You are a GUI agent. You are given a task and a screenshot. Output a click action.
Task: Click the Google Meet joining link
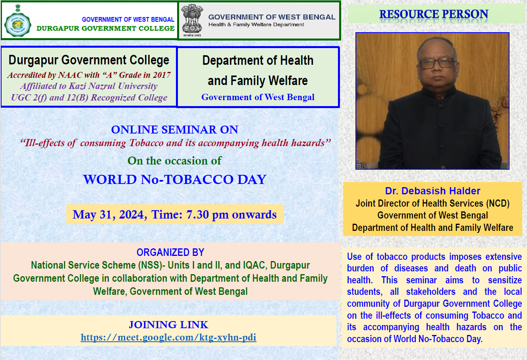(168, 337)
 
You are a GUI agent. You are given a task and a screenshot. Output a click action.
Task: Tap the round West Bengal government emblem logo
(17, 24)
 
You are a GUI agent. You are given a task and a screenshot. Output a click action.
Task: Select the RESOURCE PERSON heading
(434, 14)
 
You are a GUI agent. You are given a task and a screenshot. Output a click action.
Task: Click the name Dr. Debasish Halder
(432, 191)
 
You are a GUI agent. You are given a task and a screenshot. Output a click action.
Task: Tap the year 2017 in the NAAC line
(162, 75)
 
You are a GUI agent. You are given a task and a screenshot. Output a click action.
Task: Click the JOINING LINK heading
(168, 325)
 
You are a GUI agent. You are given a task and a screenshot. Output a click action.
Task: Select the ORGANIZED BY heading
(170, 252)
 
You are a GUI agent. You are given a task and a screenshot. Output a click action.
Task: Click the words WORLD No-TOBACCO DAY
(175, 180)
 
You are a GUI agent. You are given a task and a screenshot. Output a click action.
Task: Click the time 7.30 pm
(208, 215)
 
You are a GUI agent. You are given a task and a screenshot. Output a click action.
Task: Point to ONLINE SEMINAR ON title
(175, 130)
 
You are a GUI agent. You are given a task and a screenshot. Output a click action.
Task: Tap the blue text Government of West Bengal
(258, 97)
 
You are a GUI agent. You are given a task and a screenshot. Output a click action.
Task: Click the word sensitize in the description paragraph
(505, 280)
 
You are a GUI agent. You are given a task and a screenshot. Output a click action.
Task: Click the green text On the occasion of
(175, 161)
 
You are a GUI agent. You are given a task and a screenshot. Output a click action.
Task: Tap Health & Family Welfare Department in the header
(256, 25)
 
